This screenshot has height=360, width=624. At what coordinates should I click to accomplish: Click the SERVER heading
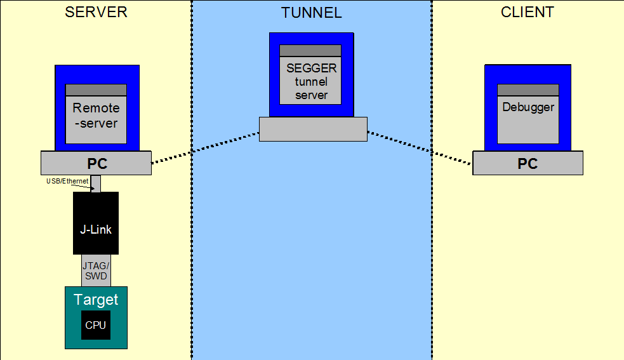(x=96, y=12)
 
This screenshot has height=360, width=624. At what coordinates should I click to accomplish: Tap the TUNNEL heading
(x=311, y=13)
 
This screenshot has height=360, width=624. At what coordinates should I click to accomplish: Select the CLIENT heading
(x=528, y=12)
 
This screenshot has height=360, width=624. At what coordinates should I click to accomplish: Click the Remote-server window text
(x=96, y=116)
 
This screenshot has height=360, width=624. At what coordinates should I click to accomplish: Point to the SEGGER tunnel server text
(x=311, y=82)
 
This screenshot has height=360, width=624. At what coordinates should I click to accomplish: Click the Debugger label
(x=528, y=107)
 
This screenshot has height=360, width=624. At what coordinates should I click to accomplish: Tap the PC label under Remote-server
(x=97, y=164)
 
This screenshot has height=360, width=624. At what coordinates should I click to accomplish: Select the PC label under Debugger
(x=528, y=164)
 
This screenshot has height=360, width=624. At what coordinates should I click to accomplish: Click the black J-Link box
(x=96, y=223)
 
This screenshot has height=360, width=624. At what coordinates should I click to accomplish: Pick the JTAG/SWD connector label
(x=96, y=271)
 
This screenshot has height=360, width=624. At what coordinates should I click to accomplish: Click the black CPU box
(x=95, y=325)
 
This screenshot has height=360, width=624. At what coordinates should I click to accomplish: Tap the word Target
(x=96, y=300)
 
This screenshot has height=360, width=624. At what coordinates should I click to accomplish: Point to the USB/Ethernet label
(x=67, y=181)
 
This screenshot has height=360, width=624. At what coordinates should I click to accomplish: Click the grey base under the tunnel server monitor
(x=313, y=129)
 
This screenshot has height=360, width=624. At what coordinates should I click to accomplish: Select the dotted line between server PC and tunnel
(x=205, y=148)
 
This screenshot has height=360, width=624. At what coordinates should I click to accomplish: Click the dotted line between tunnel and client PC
(x=420, y=148)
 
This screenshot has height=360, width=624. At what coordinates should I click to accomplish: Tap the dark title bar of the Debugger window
(x=528, y=90)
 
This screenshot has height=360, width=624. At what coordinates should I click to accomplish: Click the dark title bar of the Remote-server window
(x=96, y=90)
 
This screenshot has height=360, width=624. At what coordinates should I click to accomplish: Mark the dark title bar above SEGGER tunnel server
(x=310, y=51)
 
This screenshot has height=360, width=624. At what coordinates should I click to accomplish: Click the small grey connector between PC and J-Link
(x=96, y=183)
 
